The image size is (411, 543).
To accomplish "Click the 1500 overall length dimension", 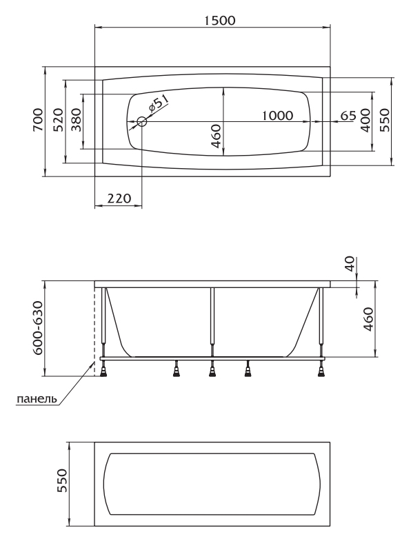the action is coord(219,21).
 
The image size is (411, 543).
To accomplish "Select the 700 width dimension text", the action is coord(38,120).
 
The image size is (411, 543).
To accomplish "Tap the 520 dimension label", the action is coord(58,120).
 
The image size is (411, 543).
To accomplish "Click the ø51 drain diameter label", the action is coord(158,103).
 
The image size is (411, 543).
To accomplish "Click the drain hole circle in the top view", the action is coord(142,121).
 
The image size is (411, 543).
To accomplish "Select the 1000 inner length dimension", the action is coord(277,115).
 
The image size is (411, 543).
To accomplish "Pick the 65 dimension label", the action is coord(348,115).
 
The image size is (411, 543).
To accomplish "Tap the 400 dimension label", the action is coord(365,120).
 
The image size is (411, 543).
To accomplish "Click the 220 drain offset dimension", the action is coord(119,198).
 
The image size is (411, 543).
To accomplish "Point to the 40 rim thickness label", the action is coord(350,263).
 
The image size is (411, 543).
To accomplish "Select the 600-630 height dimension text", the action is coord(38,328).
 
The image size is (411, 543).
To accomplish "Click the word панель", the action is coord(37,399).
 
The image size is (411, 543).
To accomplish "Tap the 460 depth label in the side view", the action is coord(368,319).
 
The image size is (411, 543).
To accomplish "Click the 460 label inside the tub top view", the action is coord(215,136).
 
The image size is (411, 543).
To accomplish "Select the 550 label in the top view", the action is coord(385,120).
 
